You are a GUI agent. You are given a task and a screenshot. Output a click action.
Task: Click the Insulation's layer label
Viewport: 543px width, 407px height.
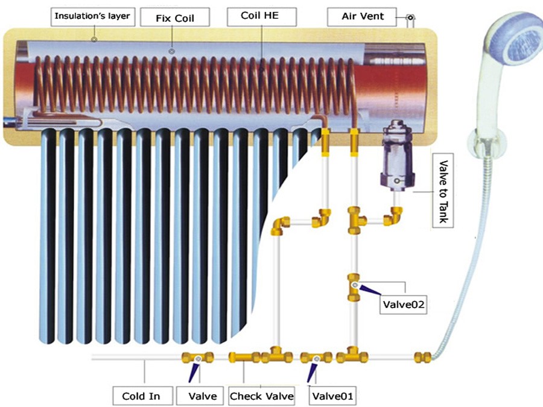coord(92,16)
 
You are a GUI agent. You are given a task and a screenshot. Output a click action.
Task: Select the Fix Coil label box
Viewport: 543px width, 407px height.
coord(174,18)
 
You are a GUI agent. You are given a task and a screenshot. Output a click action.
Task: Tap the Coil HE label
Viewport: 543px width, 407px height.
coord(261,16)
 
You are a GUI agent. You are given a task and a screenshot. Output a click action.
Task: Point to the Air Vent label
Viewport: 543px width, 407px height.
coord(362,16)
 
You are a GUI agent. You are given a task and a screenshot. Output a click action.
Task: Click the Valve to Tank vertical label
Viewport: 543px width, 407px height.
coord(443,191)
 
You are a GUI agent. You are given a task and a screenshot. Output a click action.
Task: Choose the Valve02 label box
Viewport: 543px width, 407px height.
coord(404,305)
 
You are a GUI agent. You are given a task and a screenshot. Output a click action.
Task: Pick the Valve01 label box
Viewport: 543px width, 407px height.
coord(332,396)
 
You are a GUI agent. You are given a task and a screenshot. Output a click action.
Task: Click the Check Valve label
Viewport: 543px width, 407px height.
coord(262,396)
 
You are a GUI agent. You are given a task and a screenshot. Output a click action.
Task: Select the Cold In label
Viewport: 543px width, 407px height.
coord(141,396)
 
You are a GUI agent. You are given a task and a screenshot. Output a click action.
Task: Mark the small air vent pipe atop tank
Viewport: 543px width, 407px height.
coord(410,21)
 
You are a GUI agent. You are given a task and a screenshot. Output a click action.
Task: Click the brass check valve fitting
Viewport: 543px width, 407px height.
coord(244,357)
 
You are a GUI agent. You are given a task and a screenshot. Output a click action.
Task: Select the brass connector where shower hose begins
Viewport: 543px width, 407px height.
coord(422,357)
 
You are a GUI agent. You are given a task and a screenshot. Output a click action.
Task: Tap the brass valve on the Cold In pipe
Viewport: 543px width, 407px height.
coord(198,358)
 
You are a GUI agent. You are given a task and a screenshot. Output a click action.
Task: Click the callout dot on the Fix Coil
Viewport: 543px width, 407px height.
coord(172,51)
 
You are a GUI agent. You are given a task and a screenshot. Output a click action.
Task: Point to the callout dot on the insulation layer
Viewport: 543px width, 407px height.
coord(94,39)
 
